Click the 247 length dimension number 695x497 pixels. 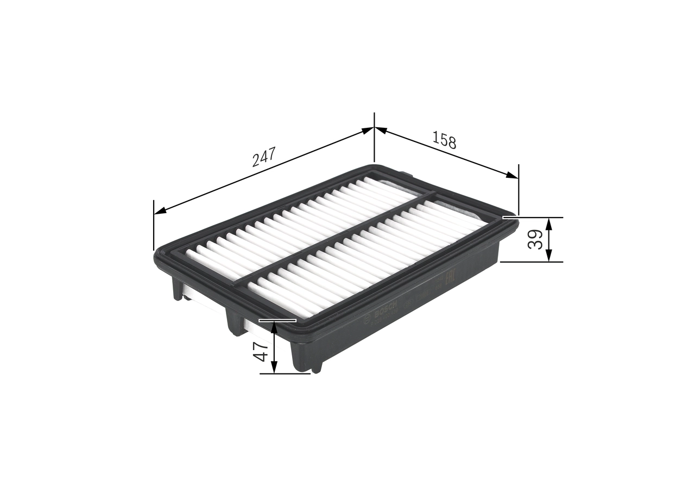(264, 157)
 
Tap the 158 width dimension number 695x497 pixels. (444, 140)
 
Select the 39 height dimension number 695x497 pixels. (535, 239)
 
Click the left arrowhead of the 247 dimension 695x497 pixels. (160, 212)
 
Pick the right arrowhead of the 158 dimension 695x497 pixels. (511, 176)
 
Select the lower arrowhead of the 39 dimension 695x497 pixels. (549, 257)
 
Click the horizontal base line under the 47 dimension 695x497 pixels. (285, 374)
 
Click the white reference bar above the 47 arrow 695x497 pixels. (277, 320)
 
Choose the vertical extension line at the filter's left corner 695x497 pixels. (154, 226)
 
